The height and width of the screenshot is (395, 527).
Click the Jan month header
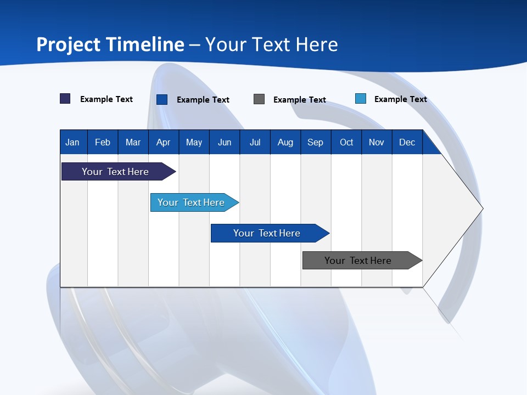tap(72, 142)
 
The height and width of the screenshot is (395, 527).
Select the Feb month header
tap(103, 142)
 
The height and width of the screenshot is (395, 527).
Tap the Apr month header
tap(163, 142)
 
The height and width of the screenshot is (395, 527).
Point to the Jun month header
tap(225, 142)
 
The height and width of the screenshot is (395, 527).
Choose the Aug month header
tap(285, 142)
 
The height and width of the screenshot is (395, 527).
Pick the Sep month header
tap(315, 142)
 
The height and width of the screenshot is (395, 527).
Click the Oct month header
tap(346, 142)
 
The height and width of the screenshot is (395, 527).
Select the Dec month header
tap(407, 142)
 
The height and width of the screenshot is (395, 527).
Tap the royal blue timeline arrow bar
tap(267, 233)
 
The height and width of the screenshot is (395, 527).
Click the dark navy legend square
tap(65, 99)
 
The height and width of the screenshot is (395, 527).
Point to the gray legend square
tap(259, 99)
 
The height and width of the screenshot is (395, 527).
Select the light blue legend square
tap(361, 99)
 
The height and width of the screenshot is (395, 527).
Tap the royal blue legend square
tap(162, 99)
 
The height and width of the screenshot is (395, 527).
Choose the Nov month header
tap(377, 142)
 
